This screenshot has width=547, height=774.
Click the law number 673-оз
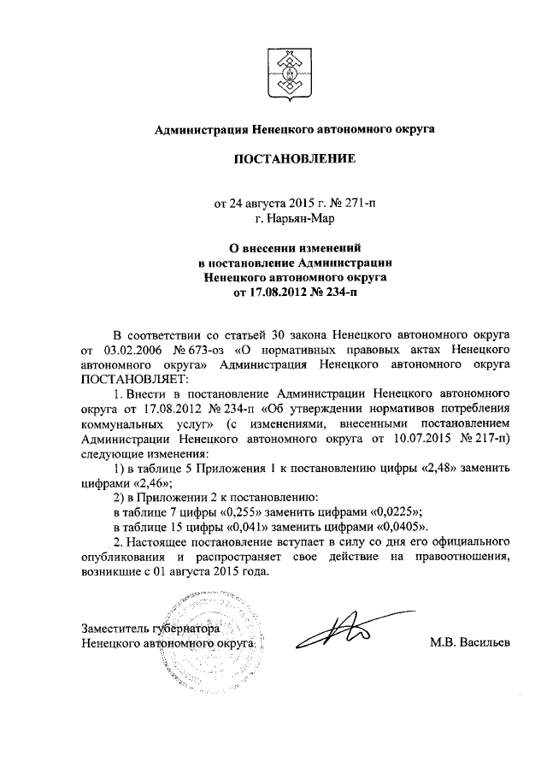click(x=199, y=350)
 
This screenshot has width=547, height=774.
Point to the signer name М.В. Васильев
click(x=468, y=642)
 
